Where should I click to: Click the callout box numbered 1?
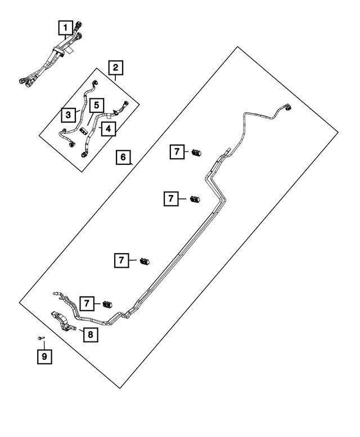[65, 28]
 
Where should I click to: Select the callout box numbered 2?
[116, 67]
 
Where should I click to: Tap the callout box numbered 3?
[68, 115]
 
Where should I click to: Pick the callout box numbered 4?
[109, 129]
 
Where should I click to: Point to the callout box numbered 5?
[96, 105]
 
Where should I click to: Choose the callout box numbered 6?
[123, 157]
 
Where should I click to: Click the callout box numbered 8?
[91, 335]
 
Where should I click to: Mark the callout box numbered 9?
[44, 357]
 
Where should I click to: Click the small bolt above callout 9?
[40, 339]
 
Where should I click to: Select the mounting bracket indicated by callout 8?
[63, 322]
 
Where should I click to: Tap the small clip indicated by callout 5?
[83, 130]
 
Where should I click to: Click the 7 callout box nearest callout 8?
[87, 304]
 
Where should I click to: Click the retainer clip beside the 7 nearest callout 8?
[107, 304]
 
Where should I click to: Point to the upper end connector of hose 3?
[96, 83]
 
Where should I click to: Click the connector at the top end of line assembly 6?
[287, 107]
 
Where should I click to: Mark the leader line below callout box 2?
[115, 78]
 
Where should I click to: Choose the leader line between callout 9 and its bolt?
[44, 345]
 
